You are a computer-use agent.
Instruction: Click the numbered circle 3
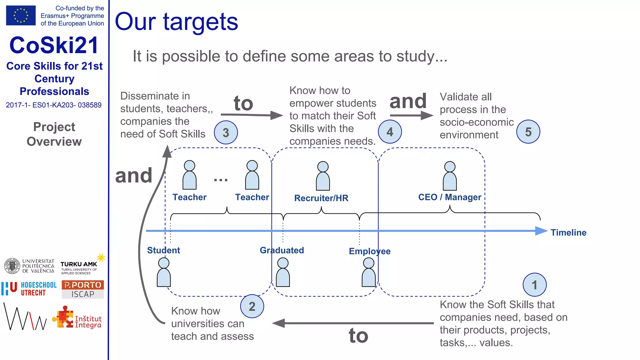click(226, 132)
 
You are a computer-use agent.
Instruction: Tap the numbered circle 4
click(390, 132)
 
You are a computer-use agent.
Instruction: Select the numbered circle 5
click(528, 132)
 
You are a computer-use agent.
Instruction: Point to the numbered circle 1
click(534, 285)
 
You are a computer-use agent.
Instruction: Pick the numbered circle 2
click(252, 306)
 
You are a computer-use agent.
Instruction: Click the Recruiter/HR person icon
click(323, 176)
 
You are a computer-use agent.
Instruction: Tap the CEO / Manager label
click(449, 197)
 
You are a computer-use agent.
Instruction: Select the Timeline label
click(568, 232)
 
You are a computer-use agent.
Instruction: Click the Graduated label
click(282, 250)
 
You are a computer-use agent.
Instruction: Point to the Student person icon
click(164, 272)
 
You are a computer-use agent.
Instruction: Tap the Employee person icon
click(369, 272)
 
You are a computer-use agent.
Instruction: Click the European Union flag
click(21, 15)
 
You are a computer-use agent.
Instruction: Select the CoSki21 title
click(54, 45)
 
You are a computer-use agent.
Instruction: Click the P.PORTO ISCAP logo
click(82, 289)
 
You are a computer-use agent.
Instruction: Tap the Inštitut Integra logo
click(77, 318)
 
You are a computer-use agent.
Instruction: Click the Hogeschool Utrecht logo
click(29, 289)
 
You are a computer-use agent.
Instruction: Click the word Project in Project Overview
click(54, 127)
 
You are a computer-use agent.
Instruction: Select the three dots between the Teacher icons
click(221, 180)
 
